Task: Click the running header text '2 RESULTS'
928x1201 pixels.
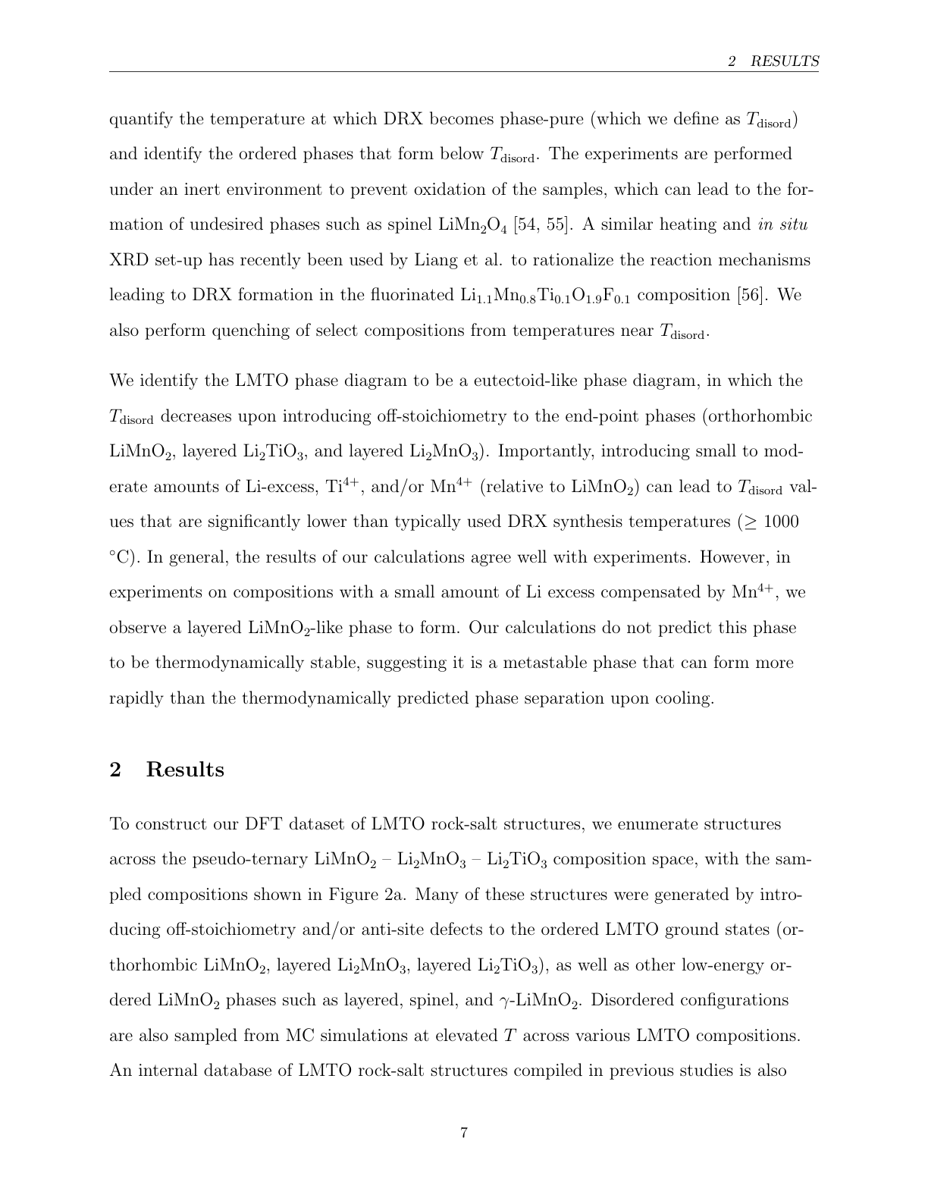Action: coord(773,61)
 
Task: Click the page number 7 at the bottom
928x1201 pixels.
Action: coord(464,1133)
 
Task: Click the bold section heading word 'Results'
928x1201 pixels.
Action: coord(185,770)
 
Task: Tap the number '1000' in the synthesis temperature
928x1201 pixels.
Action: coord(780,522)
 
